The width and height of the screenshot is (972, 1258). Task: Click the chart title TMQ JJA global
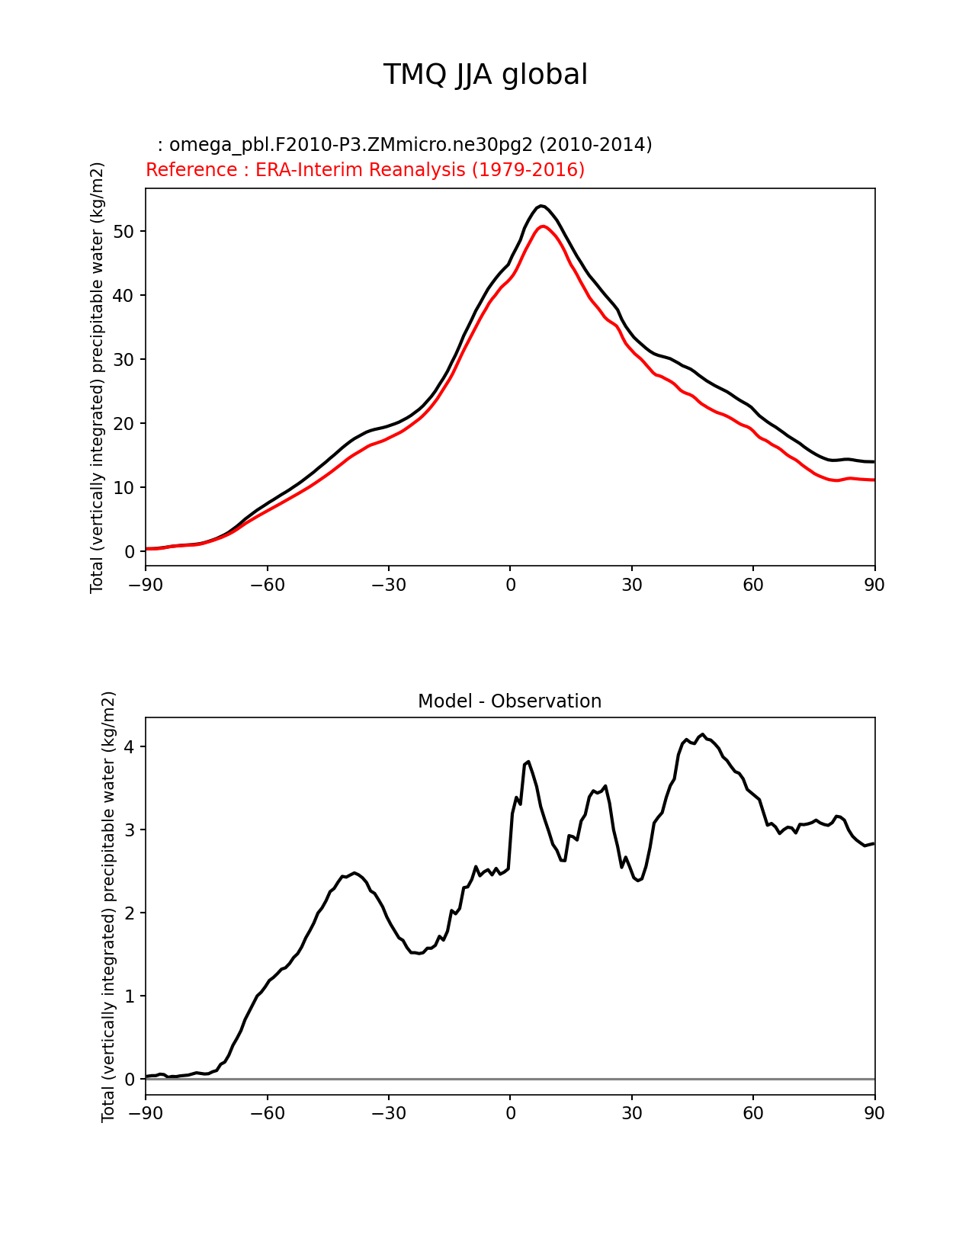pyautogui.click(x=485, y=75)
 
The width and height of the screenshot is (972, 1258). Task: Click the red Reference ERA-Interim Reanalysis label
pyautogui.click(x=365, y=170)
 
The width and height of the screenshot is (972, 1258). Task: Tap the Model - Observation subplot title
pyautogui.click(x=509, y=701)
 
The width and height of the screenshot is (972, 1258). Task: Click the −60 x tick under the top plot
pyautogui.click(x=267, y=585)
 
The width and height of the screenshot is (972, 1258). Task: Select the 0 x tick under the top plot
pyautogui.click(x=510, y=585)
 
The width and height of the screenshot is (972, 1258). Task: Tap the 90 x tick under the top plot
pyautogui.click(x=874, y=585)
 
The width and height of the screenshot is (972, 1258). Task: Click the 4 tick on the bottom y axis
pyautogui.click(x=130, y=746)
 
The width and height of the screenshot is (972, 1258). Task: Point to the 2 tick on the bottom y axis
pyautogui.click(x=130, y=913)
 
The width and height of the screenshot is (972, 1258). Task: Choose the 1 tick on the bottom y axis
pyautogui.click(x=130, y=996)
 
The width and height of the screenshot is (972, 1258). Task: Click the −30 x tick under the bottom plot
pyautogui.click(x=388, y=1114)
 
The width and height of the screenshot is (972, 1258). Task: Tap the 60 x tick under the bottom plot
pyautogui.click(x=753, y=1114)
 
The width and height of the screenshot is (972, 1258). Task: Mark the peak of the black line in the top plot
pyautogui.click(x=541, y=206)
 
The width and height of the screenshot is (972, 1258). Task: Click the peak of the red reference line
pyautogui.click(x=542, y=226)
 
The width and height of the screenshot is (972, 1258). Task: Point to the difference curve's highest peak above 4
pyautogui.click(x=703, y=734)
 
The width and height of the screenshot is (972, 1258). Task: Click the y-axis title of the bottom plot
pyautogui.click(x=108, y=907)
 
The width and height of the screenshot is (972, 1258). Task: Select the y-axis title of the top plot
pyautogui.click(x=97, y=377)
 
